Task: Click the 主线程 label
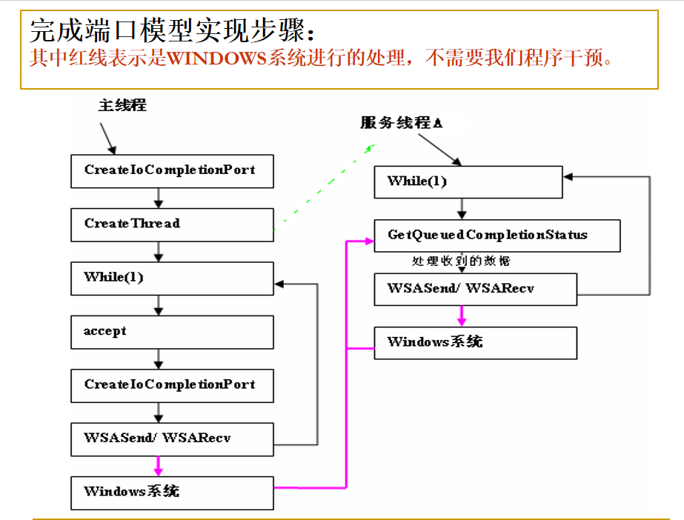tap(122, 105)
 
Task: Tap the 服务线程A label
tap(402, 123)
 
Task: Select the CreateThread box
tap(172, 224)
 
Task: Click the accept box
tap(172, 331)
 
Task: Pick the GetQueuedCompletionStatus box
tap(497, 235)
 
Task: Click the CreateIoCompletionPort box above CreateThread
tap(172, 170)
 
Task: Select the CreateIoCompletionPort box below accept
tap(172, 384)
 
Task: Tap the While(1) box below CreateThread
tap(172, 278)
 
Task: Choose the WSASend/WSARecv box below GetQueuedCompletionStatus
tap(475, 289)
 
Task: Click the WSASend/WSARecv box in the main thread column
tap(172, 438)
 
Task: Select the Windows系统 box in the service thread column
tap(475, 342)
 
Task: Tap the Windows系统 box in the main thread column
tap(172, 491)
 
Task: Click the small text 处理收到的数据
tap(461, 261)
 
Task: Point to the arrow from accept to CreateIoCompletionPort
tap(159, 358)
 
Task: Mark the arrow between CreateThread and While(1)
tap(159, 250)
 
